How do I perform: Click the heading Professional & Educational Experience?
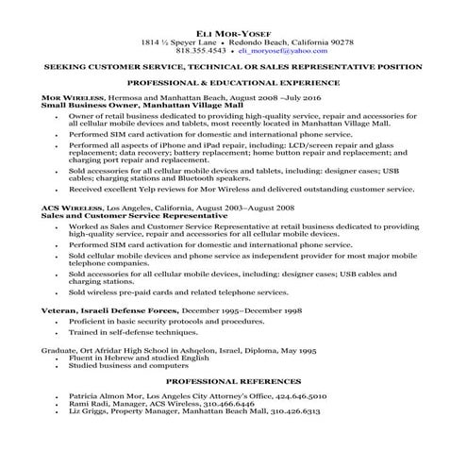click(233, 84)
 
